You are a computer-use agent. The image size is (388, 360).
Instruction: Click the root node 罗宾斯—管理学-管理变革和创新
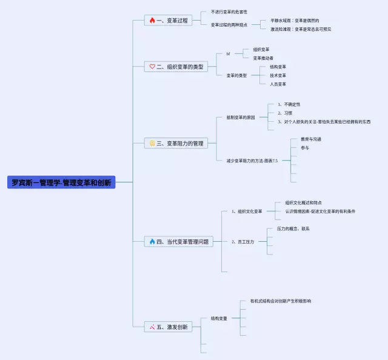coord(61,182)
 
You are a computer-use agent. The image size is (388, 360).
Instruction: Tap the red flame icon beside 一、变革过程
coord(152,20)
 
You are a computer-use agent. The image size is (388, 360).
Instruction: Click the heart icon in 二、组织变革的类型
coord(152,67)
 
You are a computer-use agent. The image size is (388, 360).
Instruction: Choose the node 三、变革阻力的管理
coord(180,144)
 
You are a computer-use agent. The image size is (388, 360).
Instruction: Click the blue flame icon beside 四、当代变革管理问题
coord(152,241)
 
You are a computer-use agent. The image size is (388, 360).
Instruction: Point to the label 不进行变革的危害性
coord(229,12)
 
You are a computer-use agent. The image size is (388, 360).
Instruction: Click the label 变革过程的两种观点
coord(229,25)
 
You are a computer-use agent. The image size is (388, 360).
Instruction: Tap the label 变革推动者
coord(263,58)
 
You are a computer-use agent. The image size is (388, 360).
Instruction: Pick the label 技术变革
coord(278,76)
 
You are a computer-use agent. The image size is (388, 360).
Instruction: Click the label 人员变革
coord(278,84)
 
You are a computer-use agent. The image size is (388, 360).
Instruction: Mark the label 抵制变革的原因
coord(240,116)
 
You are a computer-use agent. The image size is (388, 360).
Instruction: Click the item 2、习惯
coord(285,113)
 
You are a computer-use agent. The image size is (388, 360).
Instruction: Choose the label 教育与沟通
coord(311,139)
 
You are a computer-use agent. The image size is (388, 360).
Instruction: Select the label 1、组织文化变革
coord(247,212)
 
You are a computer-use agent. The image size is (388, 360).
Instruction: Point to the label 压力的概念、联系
coord(293,229)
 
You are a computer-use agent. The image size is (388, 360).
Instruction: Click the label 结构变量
coord(219,318)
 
